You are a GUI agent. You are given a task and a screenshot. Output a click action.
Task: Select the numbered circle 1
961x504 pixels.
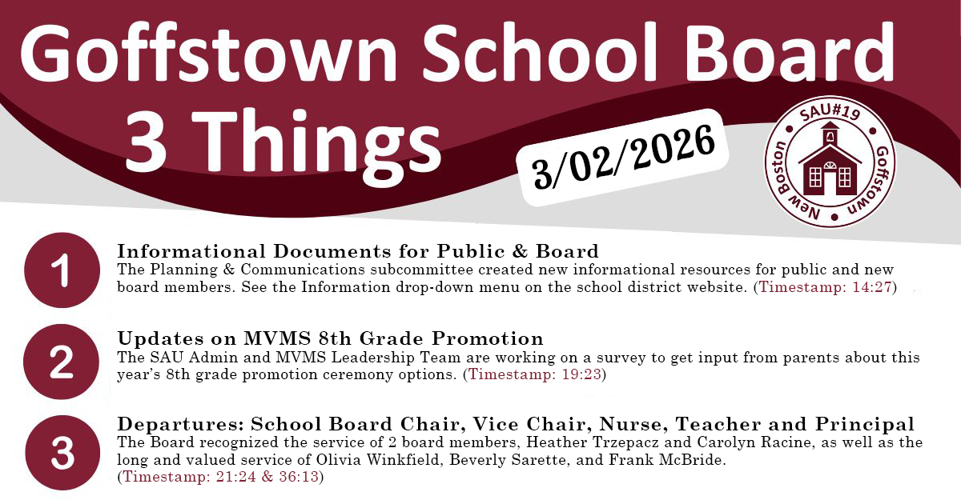[x=62, y=271]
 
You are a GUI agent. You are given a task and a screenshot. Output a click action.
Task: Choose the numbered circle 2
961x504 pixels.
[x=62, y=362]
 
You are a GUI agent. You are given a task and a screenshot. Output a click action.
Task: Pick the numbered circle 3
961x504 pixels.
[x=62, y=453]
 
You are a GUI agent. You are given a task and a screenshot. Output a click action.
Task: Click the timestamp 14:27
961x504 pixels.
[x=872, y=286]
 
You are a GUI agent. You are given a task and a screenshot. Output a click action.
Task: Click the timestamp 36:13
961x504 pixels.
[x=296, y=478]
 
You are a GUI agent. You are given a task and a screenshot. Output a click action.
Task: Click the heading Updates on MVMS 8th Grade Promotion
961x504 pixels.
[x=330, y=338]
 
